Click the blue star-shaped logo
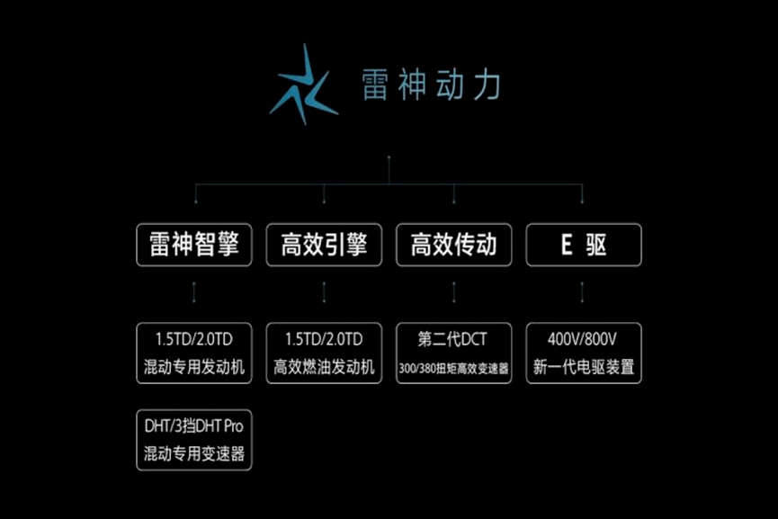304,85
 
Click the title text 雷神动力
431,85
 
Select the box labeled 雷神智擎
194,245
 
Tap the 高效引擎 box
324,245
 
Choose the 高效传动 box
453,245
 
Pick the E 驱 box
584,245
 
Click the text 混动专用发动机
194,367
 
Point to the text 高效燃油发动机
324,367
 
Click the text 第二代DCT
452,339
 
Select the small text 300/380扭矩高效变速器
453,368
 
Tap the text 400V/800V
583,339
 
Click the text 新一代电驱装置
584,367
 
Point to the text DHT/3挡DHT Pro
194,425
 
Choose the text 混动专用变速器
194,453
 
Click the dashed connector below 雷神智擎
194,292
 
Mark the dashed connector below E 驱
582,292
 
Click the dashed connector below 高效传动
453,292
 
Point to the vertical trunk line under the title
389,170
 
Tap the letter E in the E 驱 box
567,245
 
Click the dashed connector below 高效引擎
324,292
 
